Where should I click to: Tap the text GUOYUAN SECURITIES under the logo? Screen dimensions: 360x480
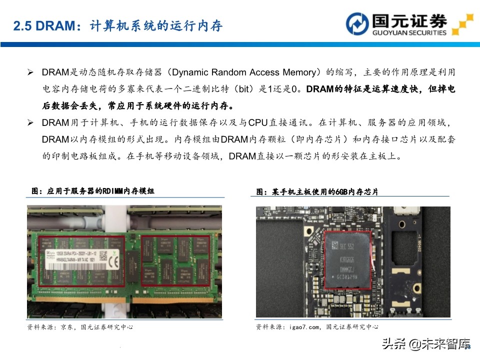coord(409,33)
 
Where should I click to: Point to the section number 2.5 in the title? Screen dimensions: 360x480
coord(22,26)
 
